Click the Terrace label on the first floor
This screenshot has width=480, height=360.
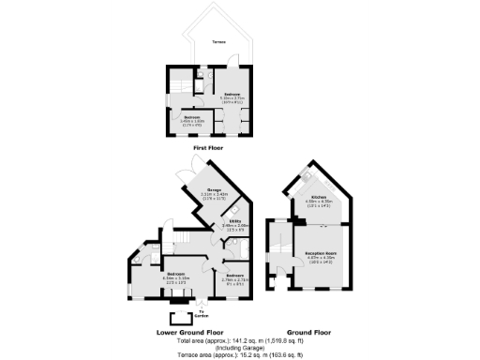pos(217,42)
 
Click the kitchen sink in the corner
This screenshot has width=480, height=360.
pos(307,176)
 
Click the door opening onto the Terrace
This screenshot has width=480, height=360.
pos(201,67)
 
